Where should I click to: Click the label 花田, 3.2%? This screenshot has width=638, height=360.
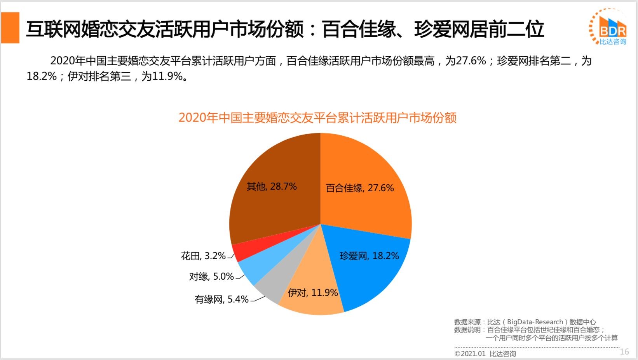click(x=203, y=256)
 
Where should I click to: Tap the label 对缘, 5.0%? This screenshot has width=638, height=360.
click(x=211, y=277)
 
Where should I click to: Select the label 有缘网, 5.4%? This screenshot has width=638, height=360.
click(x=221, y=299)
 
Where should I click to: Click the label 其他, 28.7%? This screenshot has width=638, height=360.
click(x=272, y=187)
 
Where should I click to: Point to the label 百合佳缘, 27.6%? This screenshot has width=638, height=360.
click(x=359, y=188)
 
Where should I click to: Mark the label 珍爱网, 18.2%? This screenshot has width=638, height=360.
click(x=369, y=256)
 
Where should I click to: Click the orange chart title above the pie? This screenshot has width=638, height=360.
click(x=317, y=118)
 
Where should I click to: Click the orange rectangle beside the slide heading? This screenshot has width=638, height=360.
click(x=10, y=28)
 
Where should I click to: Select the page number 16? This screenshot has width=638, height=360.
click(x=624, y=351)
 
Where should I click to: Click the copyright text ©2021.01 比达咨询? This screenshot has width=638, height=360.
click(x=485, y=353)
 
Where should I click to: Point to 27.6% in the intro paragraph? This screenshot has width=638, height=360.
click(x=471, y=61)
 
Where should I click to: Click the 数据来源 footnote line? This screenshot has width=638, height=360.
click(x=525, y=322)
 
